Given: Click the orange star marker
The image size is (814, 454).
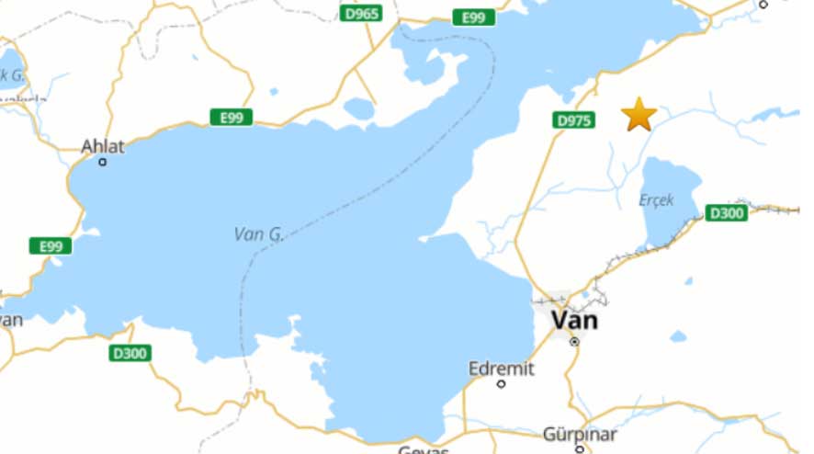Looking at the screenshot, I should click(x=639, y=114).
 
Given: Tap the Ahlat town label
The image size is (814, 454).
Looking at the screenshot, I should click(x=102, y=146).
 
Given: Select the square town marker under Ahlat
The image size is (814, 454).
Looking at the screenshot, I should click(x=103, y=162).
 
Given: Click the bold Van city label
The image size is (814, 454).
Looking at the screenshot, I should click(x=574, y=320).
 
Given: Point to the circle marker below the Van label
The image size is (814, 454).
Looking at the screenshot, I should click(x=574, y=341).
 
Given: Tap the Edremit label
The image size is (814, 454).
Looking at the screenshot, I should click(x=501, y=368).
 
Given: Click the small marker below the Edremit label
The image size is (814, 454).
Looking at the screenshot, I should click(x=502, y=383).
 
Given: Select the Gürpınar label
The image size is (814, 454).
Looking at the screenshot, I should click(x=580, y=434).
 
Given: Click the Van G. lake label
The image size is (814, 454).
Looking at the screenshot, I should click(x=258, y=234).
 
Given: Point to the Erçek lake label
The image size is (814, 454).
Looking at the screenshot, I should click(x=656, y=199).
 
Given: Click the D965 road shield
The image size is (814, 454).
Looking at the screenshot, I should click(x=360, y=14).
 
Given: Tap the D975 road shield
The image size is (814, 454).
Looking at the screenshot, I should click(x=573, y=120).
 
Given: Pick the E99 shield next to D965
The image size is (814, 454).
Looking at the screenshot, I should click(x=473, y=17).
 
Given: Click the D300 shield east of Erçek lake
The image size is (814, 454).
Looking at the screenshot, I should click(x=726, y=213).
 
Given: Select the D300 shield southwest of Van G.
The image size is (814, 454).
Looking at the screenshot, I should click(x=130, y=353).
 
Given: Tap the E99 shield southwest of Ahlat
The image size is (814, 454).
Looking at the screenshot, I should click(x=51, y=245).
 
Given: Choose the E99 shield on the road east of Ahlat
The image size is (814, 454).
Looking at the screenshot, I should click(x=231, y=117).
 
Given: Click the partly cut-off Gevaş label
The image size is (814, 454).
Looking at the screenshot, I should click(x=424, y=449).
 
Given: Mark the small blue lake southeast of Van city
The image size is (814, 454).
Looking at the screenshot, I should click(x=678, y=336).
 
